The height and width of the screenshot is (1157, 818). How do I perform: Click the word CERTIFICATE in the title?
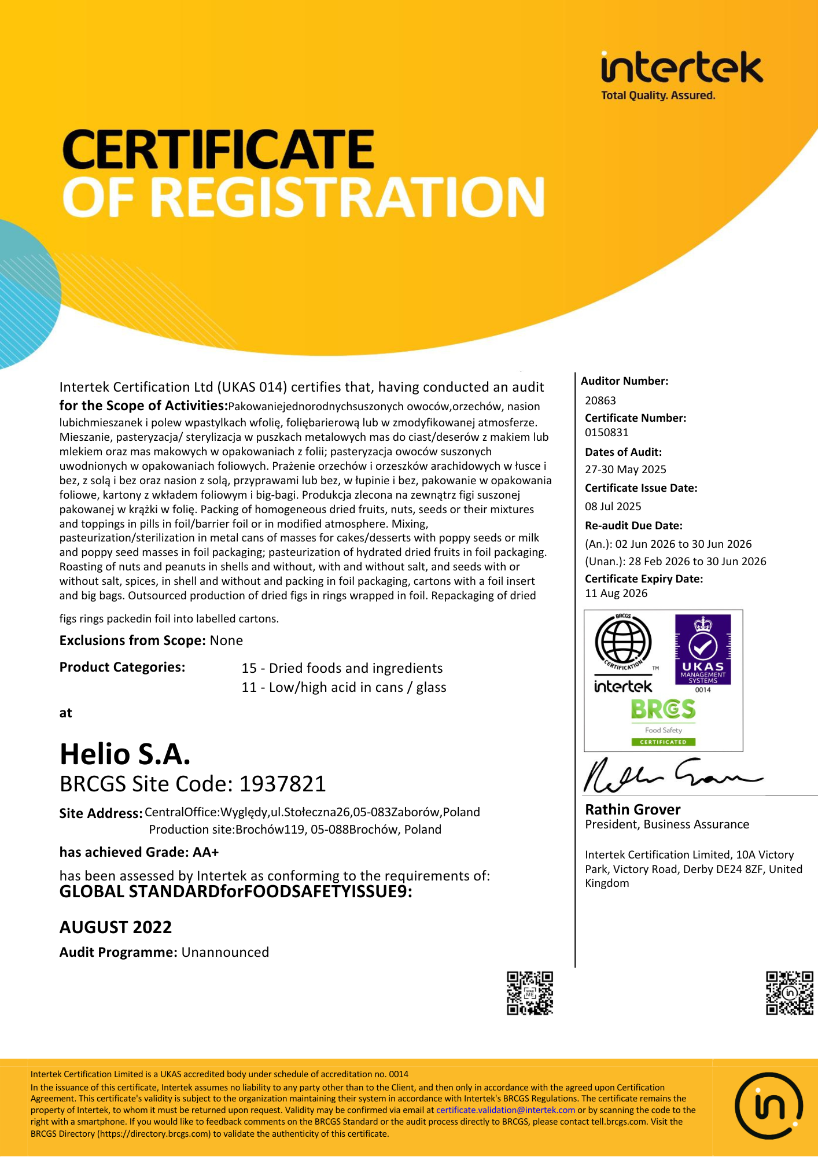click(218, 149)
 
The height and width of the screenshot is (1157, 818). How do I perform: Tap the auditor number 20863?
click(600, 400)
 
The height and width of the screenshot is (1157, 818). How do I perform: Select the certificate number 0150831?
click(606, 432)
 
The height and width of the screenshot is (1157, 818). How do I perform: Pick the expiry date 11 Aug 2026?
click(616, 593)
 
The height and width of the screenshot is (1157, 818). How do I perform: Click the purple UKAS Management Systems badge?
click(703, 650)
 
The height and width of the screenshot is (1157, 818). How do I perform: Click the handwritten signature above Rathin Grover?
click(671, 774)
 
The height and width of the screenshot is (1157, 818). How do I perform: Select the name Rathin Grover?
click(632, 809)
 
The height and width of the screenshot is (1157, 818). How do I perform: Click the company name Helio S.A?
click(125, 754)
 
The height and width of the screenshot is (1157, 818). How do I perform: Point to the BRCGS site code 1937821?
click(282, 784)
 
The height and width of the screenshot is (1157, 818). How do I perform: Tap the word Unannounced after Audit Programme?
click(225, 952)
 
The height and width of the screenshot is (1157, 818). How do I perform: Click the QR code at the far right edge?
click(790, 993)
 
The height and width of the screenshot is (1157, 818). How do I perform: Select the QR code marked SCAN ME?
click(530, 993)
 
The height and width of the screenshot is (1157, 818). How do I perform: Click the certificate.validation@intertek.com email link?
click(505, 1110)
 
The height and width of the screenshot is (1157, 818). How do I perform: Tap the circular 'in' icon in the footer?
click(768, 1106)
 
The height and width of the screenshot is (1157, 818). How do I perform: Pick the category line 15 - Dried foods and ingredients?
click(342, 668)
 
